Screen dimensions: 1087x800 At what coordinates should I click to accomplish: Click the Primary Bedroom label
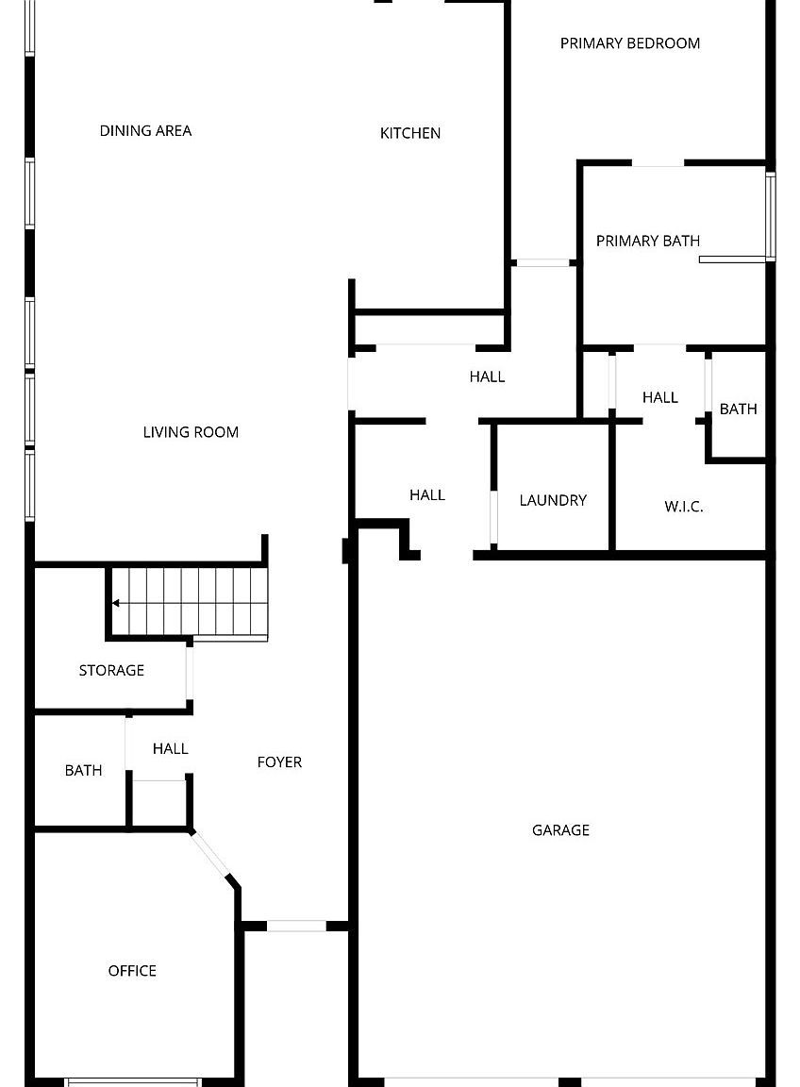(x=630, y=43)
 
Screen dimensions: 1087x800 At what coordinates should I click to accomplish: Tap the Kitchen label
(x=410, y=133)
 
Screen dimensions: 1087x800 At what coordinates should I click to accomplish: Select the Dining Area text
(x=145, y=130)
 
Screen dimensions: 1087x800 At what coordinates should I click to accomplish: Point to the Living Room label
(x=191, y=432)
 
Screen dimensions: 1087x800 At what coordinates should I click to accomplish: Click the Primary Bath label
(x=648, y=241)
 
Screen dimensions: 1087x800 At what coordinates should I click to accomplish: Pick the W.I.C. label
(x=684, y=507)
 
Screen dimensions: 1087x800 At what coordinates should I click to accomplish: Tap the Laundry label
(x=553, y=500)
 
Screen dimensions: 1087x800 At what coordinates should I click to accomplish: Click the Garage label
(x=560, y=830)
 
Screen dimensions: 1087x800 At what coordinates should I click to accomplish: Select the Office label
(x=132, y=971)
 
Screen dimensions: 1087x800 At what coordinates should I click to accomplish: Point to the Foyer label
(x=279, y=762)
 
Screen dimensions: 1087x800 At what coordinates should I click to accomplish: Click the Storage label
(x=111, y=670)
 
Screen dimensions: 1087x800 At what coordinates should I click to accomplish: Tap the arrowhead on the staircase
(x=115, y=603)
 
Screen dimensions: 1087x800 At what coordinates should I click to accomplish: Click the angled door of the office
(x=212, y=856)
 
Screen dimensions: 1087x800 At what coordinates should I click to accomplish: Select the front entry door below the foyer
(x=296, y=926)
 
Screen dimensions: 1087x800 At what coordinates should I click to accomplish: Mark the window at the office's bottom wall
(x=133, y=1081)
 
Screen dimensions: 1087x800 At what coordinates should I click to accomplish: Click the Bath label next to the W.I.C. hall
(x=738, y=409)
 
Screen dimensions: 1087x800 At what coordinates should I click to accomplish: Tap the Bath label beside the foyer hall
(x=83, y=771)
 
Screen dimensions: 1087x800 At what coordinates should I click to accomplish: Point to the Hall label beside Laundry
(x=427, y=494)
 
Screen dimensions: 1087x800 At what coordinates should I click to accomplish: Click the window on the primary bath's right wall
(x=771, y=216)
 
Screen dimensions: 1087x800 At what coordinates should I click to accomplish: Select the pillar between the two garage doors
(x=570, y=1081)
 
